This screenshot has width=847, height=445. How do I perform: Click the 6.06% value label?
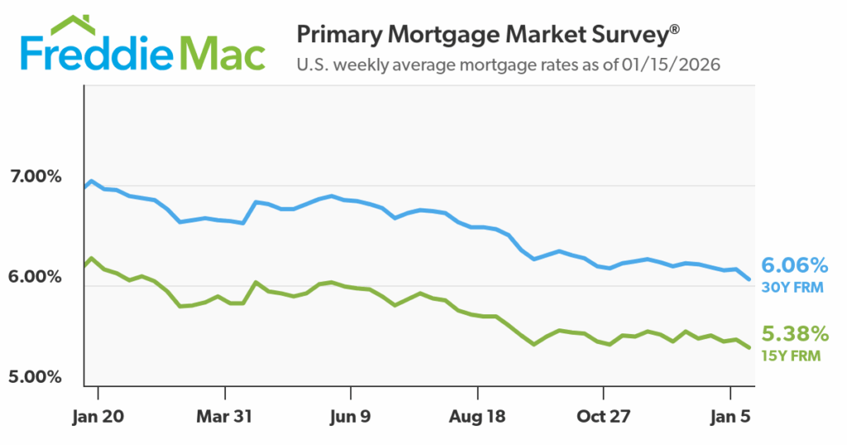pos(795,266)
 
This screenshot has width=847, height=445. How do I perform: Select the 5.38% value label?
pos(795,334)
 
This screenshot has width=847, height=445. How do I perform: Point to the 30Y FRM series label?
pos(791,288)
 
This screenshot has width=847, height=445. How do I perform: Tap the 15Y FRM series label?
pos(791,356)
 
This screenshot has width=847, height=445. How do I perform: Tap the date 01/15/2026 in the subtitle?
pos(670,64)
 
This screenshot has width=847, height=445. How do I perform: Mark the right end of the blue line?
pos(749,280)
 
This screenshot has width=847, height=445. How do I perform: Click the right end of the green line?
pos(749,347)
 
